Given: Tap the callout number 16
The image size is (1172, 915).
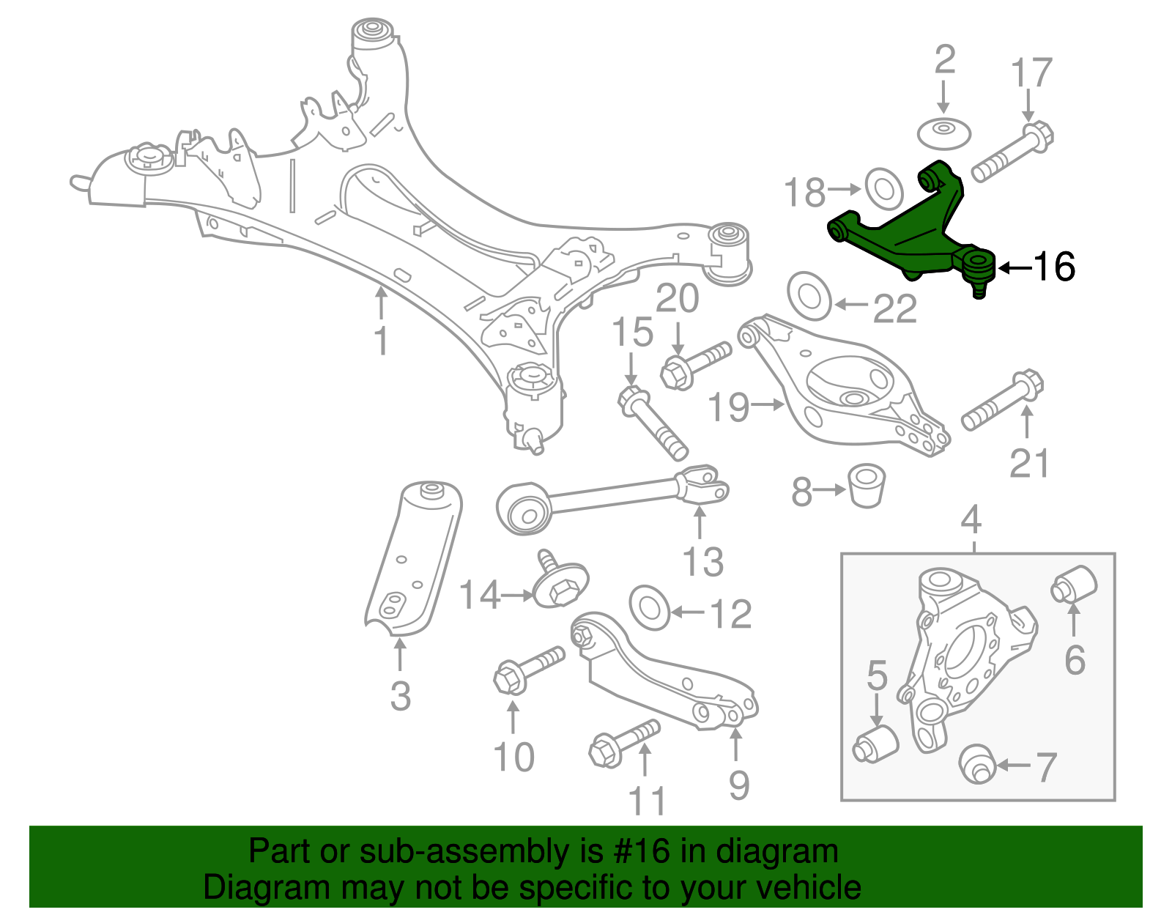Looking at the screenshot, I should coord(1054,267).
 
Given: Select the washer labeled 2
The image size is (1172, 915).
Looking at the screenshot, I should coord(944,134).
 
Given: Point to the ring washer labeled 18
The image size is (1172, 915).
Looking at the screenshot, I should coord(883,188).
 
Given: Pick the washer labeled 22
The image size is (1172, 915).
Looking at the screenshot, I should coord(809,296).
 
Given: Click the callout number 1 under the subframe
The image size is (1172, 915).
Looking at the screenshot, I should coord(381,341).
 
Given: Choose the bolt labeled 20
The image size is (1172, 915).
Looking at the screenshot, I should coord(695,363).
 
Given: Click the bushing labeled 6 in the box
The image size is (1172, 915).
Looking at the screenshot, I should coord(1075,584).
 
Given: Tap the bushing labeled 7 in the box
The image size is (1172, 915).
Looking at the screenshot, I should coord(976,763).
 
